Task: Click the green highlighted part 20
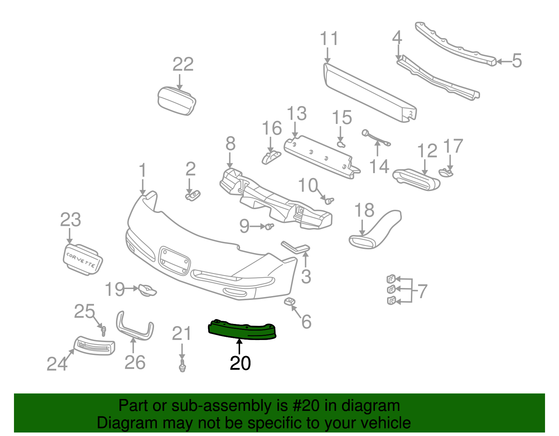(x=242, y=330)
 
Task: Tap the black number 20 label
(x=240, y=363)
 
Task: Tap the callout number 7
(x=422, y=291)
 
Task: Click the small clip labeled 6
(x=290, y=302)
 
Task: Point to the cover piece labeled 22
(x=176, y=101)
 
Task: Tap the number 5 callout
(x=517, y=61)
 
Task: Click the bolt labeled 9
(x=269, y=227)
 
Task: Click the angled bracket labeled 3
(x=296, y=247)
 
